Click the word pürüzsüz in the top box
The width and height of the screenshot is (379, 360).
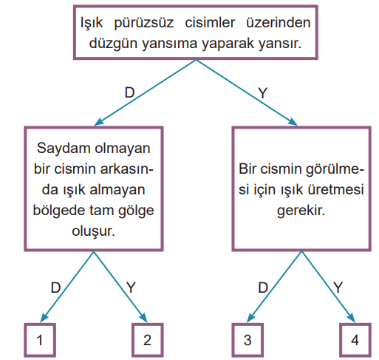click(x=144, y=24)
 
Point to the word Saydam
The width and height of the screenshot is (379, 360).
click(x=64, y=149)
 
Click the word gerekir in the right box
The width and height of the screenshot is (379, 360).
click(x=301, y=211)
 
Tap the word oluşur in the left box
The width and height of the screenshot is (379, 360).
click(x=93, y=231)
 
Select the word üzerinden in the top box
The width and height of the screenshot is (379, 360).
click(x=279, y=23)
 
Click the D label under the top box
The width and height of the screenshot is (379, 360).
click(x=129, y=92)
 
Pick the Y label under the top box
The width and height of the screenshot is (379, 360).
click(x=262, y=93)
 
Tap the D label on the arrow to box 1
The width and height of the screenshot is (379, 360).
click(x=55, y=288)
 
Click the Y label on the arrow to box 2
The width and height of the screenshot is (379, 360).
click(x=131, y=288)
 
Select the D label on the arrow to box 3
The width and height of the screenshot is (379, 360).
click(x=263, y=288)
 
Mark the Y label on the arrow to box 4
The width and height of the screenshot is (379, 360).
click(x=338, y=288)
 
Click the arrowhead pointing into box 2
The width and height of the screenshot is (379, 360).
click(x=143, y=317)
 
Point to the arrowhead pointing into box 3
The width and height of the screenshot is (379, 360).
click(x=250, y=317)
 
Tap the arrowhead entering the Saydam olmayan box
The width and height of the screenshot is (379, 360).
click(x=99, y=122)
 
